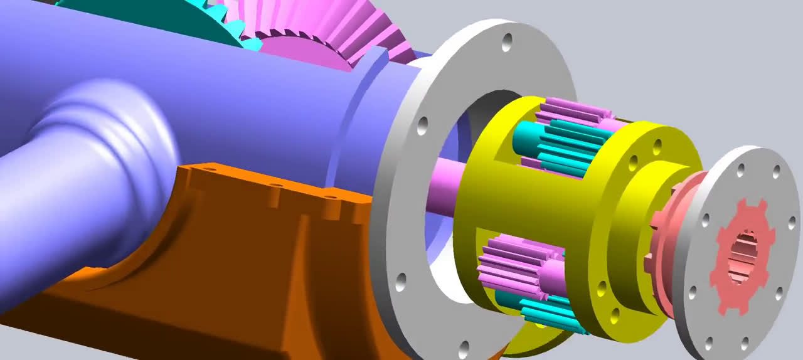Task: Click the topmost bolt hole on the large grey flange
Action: pyautogui.click(x=507, y=43)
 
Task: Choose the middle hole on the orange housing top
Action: pyautogui.click(x=274, y=186)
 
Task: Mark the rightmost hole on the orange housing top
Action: pyautogui.click(x=331, y=199)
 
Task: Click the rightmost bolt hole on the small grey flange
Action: pyautogui.click(x=792, y=222)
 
